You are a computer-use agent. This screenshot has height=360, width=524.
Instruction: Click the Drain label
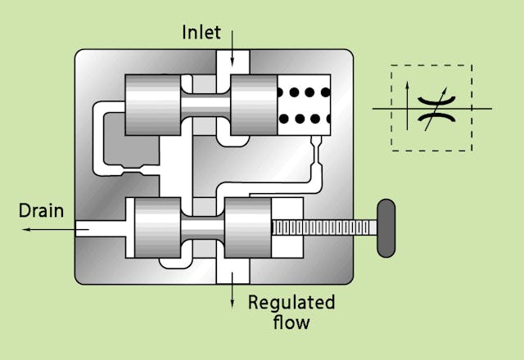[x=41, y=211]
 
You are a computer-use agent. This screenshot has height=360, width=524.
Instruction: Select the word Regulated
[x=291, y=303]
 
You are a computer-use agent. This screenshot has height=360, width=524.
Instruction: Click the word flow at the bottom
[x=291, y=322]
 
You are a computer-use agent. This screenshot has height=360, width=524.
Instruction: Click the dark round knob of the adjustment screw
[x=384, y=227]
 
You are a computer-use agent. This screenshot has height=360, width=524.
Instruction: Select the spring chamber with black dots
[x=304, y=105]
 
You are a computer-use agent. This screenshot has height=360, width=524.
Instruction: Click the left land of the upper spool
[x=152, y=105]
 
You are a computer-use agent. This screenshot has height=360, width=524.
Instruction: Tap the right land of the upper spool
[x=255, y=105]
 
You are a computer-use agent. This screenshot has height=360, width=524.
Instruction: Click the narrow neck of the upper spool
[x=205, y=105]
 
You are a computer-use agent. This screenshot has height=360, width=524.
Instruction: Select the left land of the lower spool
[x=156, y=229]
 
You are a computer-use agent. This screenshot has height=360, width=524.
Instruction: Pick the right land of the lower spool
[x=247, y=229]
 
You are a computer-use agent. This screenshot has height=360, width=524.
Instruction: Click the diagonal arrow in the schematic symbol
[x=432, y=107]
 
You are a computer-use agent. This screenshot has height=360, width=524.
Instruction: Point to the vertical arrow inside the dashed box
[x=407, y=101]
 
